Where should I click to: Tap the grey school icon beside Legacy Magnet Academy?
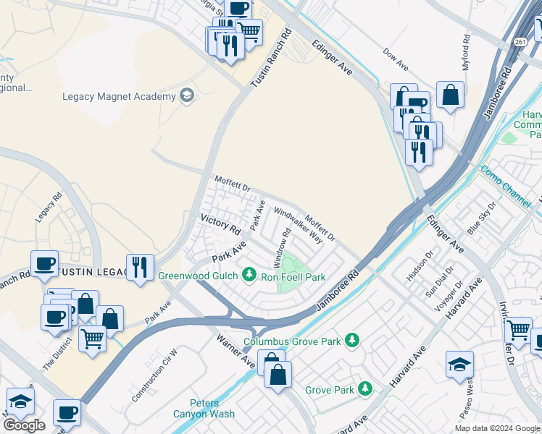(x=187, y=96)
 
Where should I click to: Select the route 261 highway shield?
(x=521, y=42)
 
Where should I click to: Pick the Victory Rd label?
(x=220, y=223)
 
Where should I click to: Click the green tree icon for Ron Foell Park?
(x=250, y=274)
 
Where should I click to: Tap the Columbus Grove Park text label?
(x=293, y=341)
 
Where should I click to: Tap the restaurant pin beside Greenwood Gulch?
(x=140, y=266)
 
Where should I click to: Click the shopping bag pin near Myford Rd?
(x=450, y=94)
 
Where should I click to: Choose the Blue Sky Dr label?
(x=482, y=218)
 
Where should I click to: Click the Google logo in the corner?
(x=24, y=425)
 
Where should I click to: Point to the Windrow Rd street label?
(x=282, y=246)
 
